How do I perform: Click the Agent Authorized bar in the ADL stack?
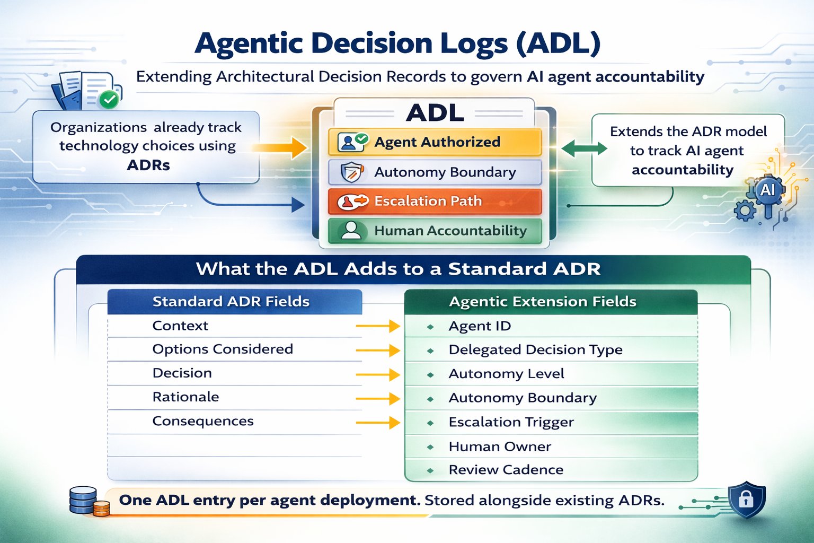tap(435, 142)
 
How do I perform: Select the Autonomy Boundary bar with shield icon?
tap(435, 172)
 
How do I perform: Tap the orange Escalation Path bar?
tap(435, 202)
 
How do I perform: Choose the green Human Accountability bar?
tap(435, 231)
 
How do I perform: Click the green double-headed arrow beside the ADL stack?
tap(584, 149)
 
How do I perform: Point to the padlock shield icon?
tap(746, 499)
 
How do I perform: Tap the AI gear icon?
tap(766, 191)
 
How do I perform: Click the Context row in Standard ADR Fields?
tap(180, 326)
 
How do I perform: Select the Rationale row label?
tap(185, 397)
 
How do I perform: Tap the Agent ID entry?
tap(480, 326)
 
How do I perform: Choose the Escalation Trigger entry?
tap(511, 422)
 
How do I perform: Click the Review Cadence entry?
tap(506, 470)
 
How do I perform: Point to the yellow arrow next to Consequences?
tap(378, 423)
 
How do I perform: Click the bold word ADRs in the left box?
tap(148, 165)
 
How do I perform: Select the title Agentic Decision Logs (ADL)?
tap(397, 43)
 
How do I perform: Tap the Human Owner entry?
tap(499, 446)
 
